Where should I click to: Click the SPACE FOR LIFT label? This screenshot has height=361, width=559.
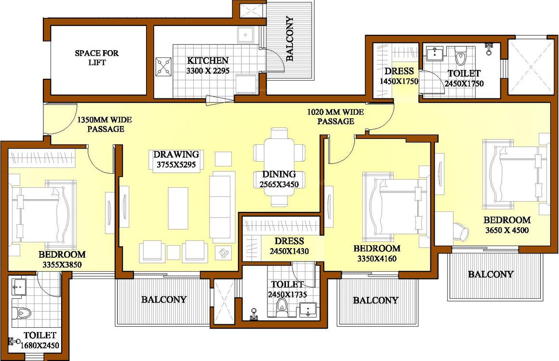pyautogui.click(x=96, y=58)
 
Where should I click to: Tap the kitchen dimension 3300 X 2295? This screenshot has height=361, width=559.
pyautogui.click(x=208, y=70)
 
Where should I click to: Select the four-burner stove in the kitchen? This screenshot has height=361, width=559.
pyautogui.click(x=164, y=67)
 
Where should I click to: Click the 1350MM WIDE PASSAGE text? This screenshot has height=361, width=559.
pyautogui.click(x=105, y=124)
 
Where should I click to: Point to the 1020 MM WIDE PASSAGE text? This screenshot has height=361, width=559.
pyautogui.click(x=335, y=117)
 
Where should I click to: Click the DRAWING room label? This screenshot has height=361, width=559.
pyautogui.click(x=176, y=154)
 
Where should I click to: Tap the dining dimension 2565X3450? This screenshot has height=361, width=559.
pyautogui.click(x=279, y=185)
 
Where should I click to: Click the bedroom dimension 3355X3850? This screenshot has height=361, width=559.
pyautogui.click(x=62, y=265)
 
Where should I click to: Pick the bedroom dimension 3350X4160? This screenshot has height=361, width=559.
pyautogui.click(x=377, y=259)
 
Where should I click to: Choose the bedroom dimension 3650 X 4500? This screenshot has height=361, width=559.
pyautogui.click(x=507, y=230)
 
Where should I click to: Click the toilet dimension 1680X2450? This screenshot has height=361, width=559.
pyautogui.click(x=40, y=346)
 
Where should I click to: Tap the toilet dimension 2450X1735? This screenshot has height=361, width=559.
pyautogui.click(x=288, y=294)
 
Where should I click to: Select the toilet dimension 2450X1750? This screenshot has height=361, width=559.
pyautogui.click(x=464, y=83)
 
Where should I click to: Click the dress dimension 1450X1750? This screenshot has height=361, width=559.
pyautogui.click(x=399, y=82)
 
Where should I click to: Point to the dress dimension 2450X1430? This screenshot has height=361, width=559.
pyautogui.click(x=289, y=251)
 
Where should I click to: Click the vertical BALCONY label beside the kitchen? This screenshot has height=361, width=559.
pyautogui.click(x=290, y=39)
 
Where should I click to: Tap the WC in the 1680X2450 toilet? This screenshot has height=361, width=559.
pyautogui.click(x=21, y=314)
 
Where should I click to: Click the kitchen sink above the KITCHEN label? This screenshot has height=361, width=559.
pyautogui.click(x=246, y=35)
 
